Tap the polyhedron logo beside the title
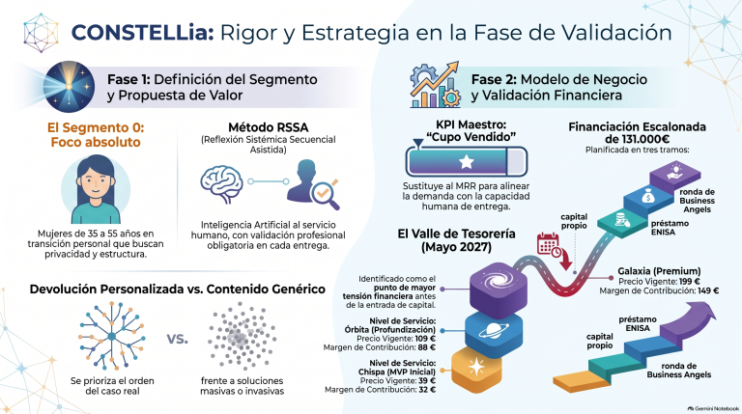coord(41,33)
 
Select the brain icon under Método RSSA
coord(221,184)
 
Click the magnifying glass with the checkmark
coord(326,194)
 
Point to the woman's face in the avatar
coord(95,184)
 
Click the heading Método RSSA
coord(269,127)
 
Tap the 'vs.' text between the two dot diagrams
coord(177,339)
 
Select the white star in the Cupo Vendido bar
coord(467,162)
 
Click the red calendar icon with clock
coord(549,246)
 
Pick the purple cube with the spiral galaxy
coord(499,289)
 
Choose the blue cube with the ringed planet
coord(494,332)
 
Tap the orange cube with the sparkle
coord(476,369)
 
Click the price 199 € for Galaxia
coord(689,281)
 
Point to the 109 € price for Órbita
coord(424,339)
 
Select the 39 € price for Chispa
coord(427,381)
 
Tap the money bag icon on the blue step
coord(648,196)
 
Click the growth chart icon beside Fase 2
coord(435,85)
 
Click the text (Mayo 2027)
coord(456,247)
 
